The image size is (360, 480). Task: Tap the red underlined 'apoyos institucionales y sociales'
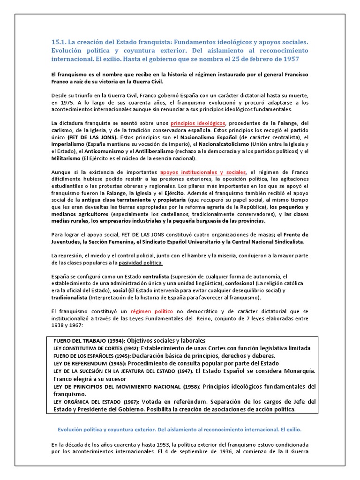point(202,172)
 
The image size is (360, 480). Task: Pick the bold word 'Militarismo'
point(67,158)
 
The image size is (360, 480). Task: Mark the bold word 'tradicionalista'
point(72,298)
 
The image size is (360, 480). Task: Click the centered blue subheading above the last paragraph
point(180,429)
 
